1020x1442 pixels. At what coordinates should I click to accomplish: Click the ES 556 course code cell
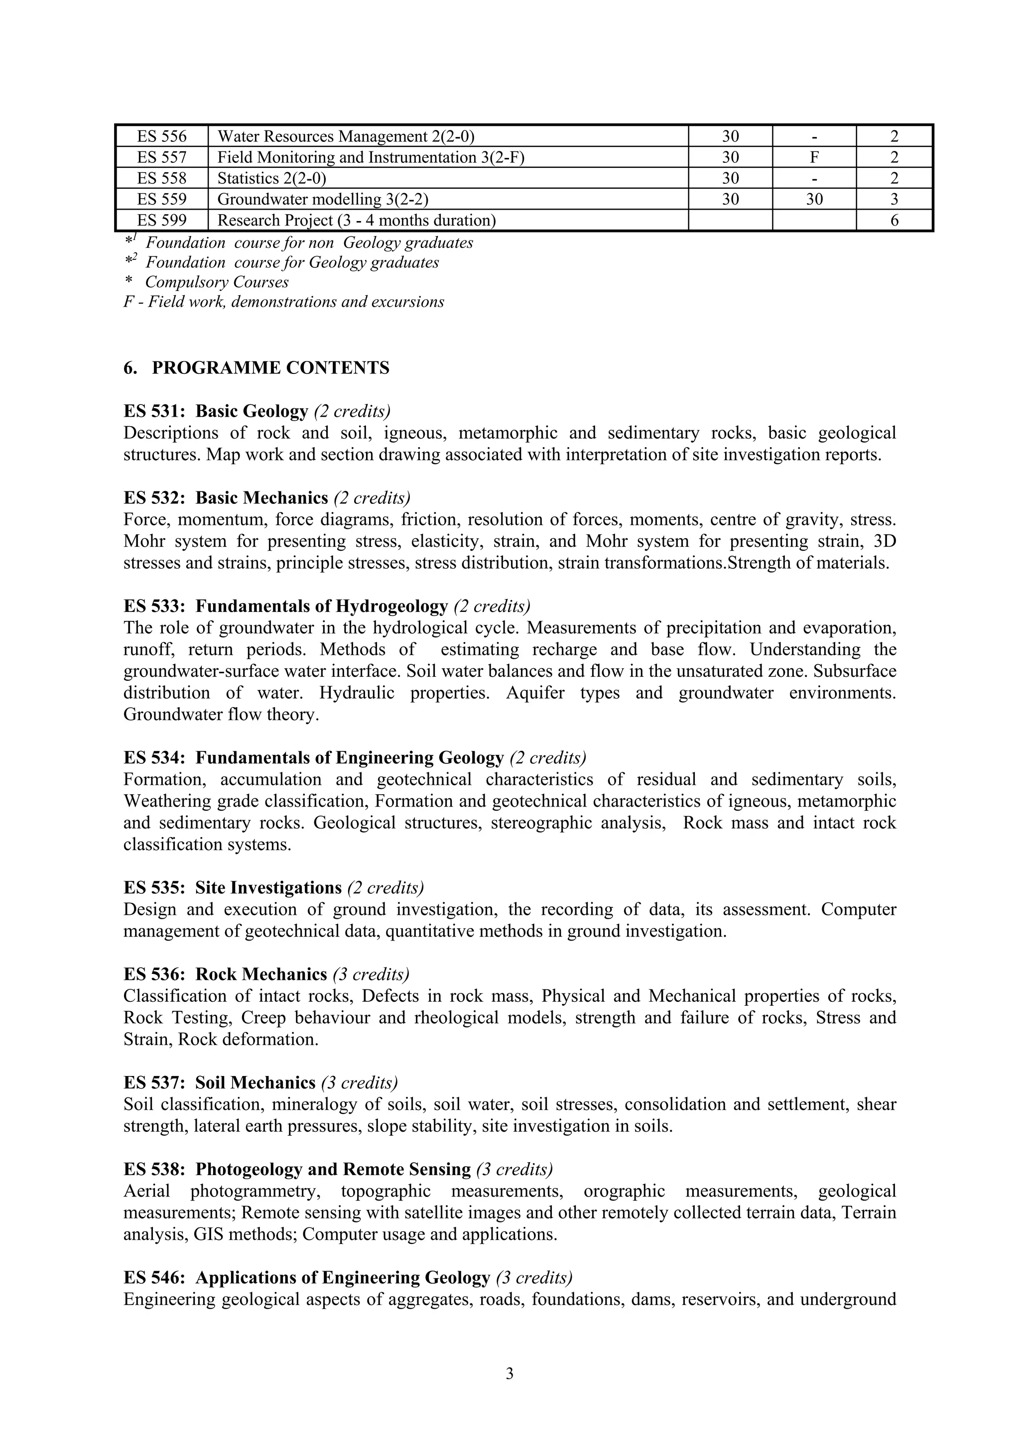161,136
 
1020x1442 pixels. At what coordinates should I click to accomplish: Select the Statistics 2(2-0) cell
271,178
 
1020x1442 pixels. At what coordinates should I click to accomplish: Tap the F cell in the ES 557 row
814,157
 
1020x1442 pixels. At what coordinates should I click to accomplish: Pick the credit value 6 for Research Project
894,221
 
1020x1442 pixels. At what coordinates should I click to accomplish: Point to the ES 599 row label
161,221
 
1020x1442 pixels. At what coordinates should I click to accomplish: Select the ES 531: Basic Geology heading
216,411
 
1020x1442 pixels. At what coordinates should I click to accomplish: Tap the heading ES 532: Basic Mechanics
226,498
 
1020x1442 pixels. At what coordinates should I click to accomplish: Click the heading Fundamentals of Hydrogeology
322,606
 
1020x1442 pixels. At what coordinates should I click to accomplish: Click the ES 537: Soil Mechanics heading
219,1083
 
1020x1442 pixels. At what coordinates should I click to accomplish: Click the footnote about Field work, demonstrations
283,302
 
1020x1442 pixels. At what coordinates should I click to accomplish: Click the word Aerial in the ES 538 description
146,1192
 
